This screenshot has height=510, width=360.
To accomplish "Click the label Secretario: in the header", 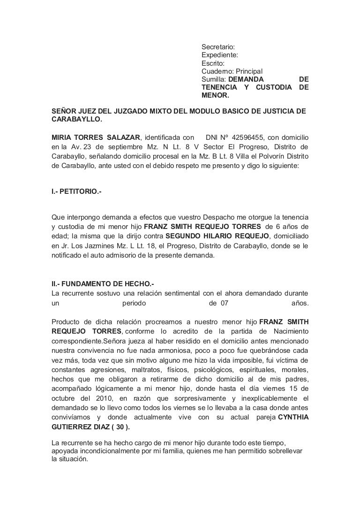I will coord(218,47).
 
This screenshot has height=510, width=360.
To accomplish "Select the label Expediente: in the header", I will coord(219,55).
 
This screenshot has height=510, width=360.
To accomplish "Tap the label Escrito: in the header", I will coord(213,63).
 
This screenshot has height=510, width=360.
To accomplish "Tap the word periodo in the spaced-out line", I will coord(134,303).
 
